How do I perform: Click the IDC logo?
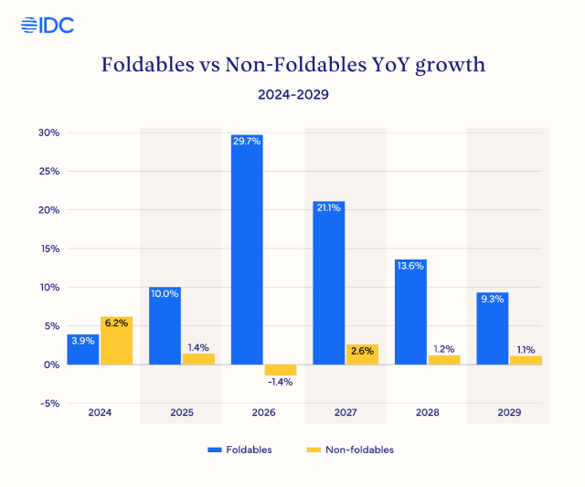tap(47, 25)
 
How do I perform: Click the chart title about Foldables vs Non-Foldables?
tap(292, 65)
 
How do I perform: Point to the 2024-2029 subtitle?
tap(292, 93)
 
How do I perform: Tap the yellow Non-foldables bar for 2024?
tap(116, 341)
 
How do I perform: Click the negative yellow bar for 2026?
tap(281, 369)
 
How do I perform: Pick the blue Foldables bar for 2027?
tap(329, 282)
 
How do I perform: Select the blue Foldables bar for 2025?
tap(165, 325)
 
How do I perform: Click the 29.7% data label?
tap(247, 142)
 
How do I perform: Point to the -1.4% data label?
tap(281, 382)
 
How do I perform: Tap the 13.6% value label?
tap(410, 266)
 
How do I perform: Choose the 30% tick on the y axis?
tap(48, 132)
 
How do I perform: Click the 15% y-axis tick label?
tap(48, 249)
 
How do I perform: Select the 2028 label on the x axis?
tap(427, 412)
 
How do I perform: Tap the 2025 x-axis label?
tap(182, 412)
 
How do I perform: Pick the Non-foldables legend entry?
tap(351, 450)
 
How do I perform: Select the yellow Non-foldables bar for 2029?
tap(526, 360)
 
